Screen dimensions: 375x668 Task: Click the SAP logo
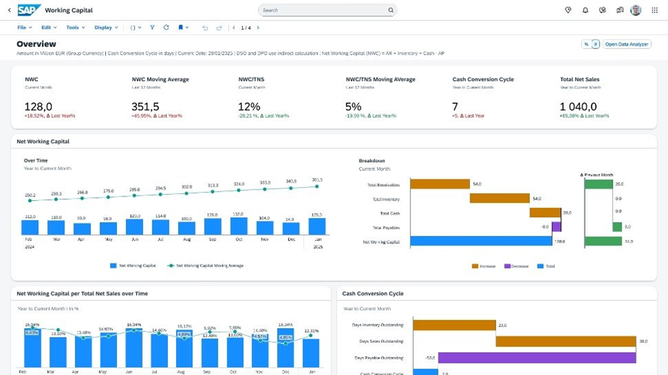point(29,10)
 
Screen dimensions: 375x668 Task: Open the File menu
point(24,27)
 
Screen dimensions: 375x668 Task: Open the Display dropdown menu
point(106,27)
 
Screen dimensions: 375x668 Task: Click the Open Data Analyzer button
point(627,44)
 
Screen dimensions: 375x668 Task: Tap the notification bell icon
point(585,10)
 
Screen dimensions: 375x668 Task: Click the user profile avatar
point(635,10)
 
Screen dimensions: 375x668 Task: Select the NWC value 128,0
point(38,107)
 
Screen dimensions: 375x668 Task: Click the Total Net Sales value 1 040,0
point(578,107)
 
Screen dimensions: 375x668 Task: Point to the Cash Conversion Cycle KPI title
point(483,79)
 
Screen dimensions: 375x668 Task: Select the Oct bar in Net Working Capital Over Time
point(239,226)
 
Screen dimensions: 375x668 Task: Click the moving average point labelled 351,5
point(317,186)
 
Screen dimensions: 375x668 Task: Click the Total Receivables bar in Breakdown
point(440,184)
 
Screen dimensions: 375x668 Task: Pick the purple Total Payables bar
point(556,227)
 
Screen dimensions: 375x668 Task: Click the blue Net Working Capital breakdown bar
point(481,241)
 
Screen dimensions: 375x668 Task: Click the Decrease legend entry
point(516,266)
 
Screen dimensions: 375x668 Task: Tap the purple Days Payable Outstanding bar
point(537,357)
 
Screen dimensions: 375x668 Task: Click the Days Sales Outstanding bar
point(566,341)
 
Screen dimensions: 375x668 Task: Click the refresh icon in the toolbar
point(166,27)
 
